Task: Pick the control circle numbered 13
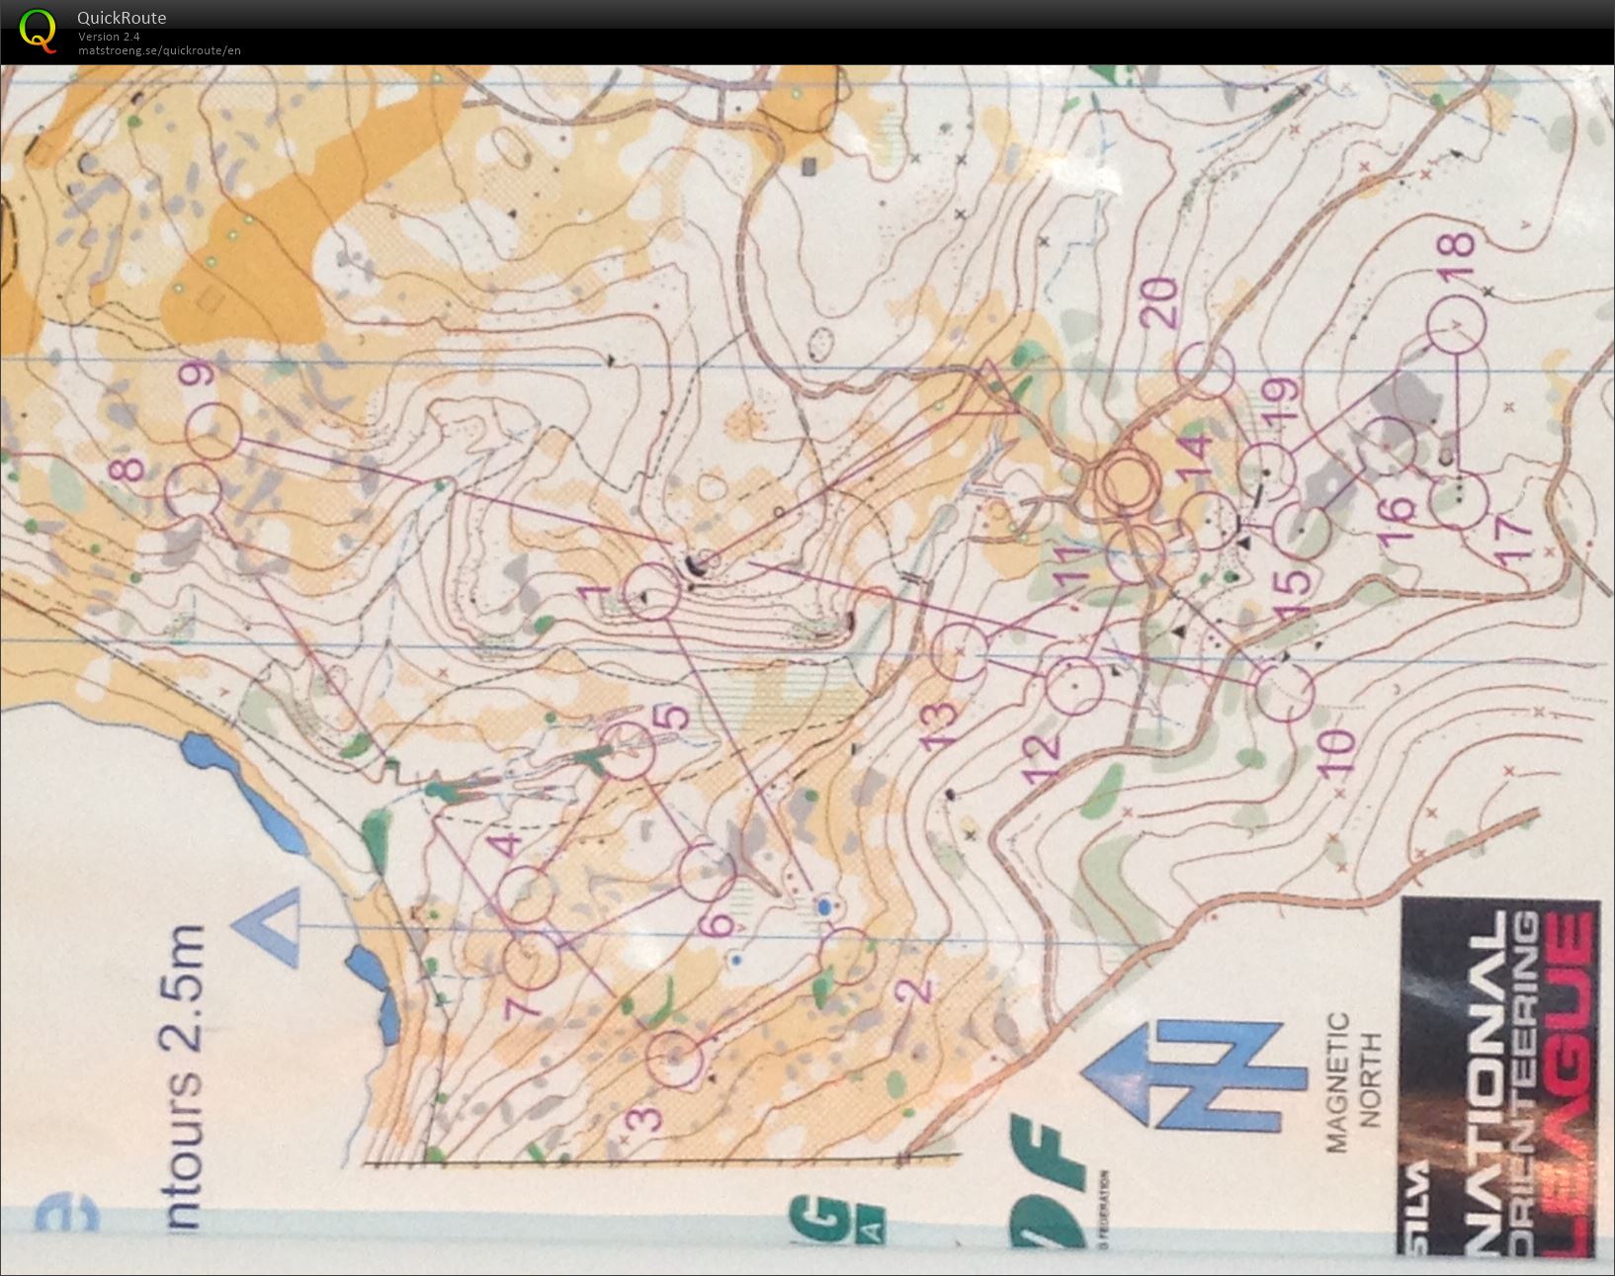point(961,653)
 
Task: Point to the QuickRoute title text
point(122,18)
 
